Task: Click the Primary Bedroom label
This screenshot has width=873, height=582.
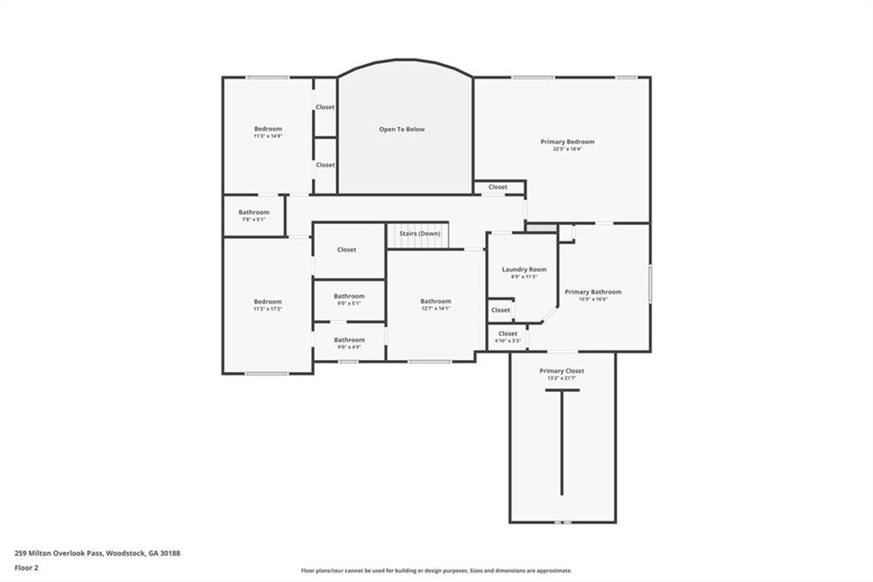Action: pos(567,142)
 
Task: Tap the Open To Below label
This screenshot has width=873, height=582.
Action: pos(402,130)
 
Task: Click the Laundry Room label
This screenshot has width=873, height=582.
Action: pos(523,270)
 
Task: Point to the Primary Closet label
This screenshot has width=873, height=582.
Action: pos(561,371)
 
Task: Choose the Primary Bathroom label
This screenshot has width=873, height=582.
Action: pos(593,292)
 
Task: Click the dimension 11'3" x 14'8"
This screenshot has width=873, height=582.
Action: pos(268,137)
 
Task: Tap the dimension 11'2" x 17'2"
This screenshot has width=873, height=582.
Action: pos(268,309)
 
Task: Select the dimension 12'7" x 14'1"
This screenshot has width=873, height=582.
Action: pos(435,309)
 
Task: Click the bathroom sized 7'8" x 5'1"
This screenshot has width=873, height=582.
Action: pos(253,216)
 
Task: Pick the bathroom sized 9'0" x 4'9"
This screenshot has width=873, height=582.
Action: pos(349,344)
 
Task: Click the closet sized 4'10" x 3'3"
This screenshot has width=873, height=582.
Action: pos(507,337)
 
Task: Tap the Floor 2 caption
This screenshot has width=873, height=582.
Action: pos(26,567)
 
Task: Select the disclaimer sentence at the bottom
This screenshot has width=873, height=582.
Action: pos(436,571)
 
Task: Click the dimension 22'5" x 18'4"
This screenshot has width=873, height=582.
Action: pos(567,149)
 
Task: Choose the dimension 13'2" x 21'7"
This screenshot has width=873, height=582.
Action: pos(561,379)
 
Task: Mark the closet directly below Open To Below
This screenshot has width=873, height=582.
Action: pos(498,187)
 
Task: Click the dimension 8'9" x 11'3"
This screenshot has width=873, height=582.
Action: pos(523,276)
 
